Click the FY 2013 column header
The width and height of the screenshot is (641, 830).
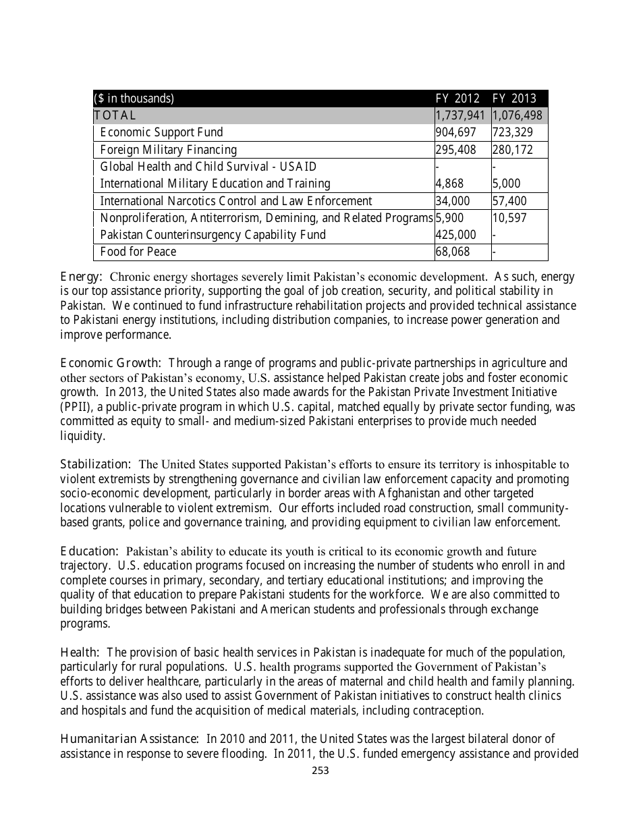coord(514,99)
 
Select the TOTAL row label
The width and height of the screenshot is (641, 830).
coord(115,115)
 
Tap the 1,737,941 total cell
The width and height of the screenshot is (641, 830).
coord(461,115)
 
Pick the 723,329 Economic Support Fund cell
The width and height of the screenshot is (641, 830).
coord(512,132)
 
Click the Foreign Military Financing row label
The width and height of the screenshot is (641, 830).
coord(168,150)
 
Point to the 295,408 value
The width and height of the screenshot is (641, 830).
coord(455,150)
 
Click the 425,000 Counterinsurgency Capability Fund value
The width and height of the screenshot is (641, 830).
coord(455,235)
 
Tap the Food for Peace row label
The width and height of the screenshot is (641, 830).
coord(138,252)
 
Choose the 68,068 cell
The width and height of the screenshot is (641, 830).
coord(452,252)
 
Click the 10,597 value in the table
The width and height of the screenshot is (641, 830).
coord(510,218)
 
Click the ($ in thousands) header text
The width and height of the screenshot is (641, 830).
coord(134,99)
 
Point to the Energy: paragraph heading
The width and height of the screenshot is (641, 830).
coord(81,276)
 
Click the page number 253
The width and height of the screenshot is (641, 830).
coord(320,771)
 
